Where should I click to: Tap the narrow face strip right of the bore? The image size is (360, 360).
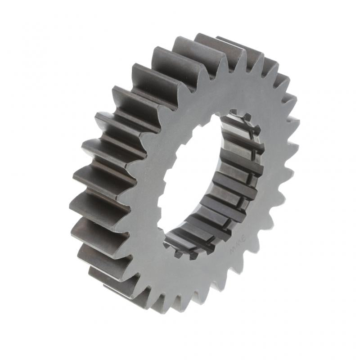270,180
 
